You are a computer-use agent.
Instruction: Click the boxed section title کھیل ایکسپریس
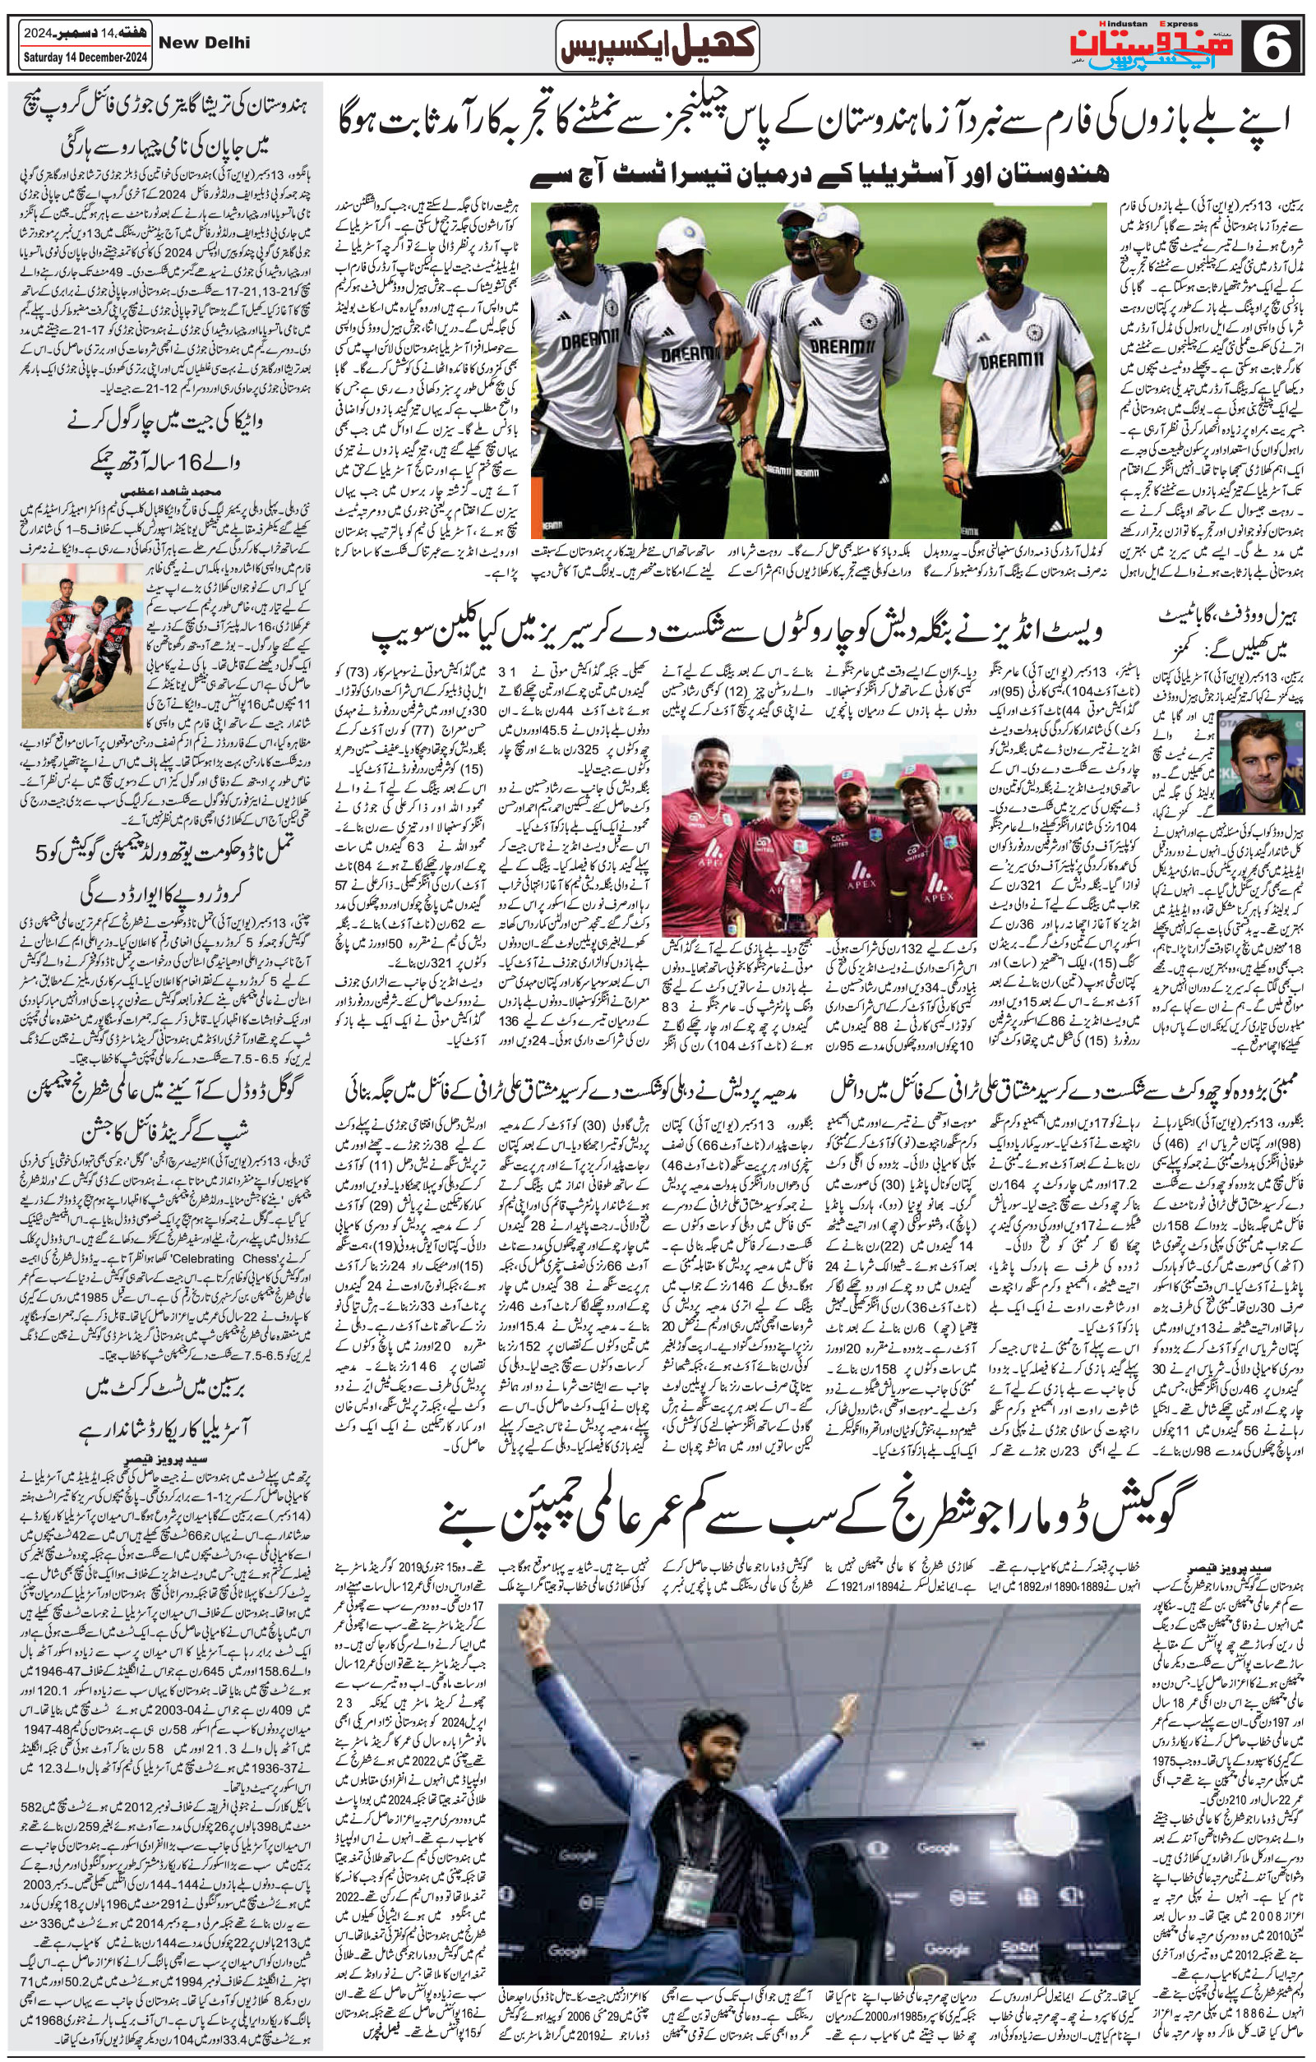click(x=657, y=46)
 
